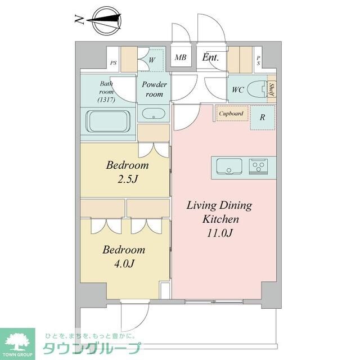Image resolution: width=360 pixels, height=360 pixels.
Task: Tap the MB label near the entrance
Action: pyautogui.click(x=181, y=57)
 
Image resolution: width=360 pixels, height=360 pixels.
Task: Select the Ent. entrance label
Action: pyautogui.click(x=210, y=57)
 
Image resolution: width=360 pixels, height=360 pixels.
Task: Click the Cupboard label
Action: pyautogui.click(x=231, y=114)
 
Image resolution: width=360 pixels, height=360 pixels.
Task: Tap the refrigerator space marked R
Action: pyautogui.click(x=262, y=118)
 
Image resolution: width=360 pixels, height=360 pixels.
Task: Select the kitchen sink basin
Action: pyautogui.click(x=228, y=166)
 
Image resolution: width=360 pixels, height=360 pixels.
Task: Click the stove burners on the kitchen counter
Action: pyautogui.click(x=259, y=166)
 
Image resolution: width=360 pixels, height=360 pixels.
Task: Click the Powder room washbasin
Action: pyautogui.click(x=153, y=114)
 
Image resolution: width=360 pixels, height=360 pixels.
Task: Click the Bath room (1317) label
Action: pyautogui.click(x=106, y=92)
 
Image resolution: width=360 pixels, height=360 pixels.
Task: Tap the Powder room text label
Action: pyautogui.click(x=154, y=89)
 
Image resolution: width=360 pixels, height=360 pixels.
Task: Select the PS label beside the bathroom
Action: pyautogui.click(x=114, y=64)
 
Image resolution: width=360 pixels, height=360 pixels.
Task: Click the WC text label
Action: pyautogui.click(x=237, y=89)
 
